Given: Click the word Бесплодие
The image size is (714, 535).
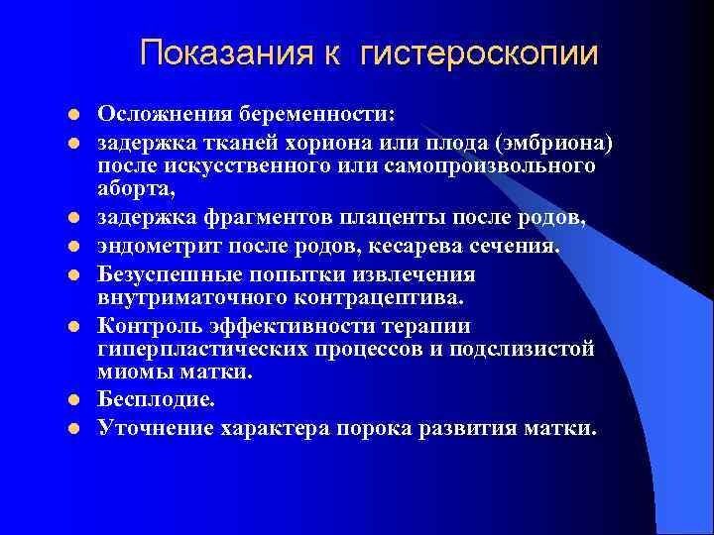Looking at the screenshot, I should [155, 400].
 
